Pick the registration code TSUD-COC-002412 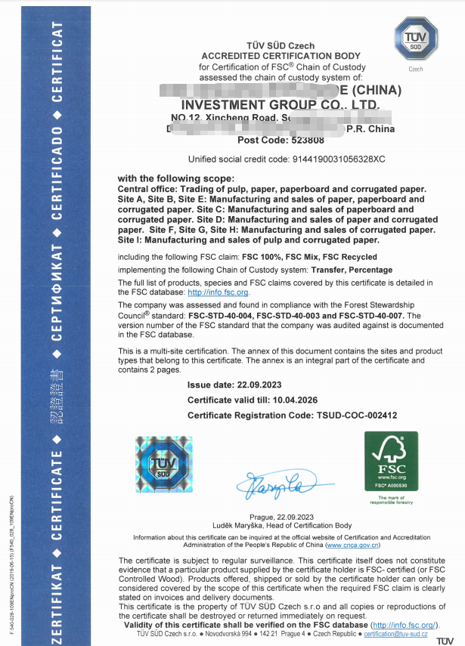coord(355,416)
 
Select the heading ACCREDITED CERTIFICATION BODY coord(281,57)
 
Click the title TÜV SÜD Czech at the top coord(281,47)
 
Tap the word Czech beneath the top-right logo coord(416,69)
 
